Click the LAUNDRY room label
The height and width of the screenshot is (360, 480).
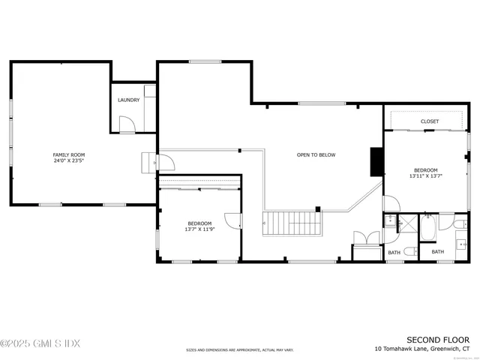127,100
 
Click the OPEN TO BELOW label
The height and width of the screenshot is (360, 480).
316,155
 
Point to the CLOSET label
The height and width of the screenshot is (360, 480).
430,121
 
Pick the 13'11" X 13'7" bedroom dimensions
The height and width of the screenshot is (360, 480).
425,176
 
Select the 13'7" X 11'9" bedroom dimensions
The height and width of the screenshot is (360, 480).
199,229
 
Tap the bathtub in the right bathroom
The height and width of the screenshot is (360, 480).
427,228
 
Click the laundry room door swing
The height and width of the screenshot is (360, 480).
127,124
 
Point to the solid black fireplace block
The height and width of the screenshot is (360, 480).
376,160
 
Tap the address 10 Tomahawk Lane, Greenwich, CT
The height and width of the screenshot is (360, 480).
422,349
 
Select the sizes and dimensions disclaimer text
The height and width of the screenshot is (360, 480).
240,349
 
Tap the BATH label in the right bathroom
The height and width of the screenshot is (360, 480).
437,252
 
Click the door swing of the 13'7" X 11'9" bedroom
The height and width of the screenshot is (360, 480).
232,220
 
